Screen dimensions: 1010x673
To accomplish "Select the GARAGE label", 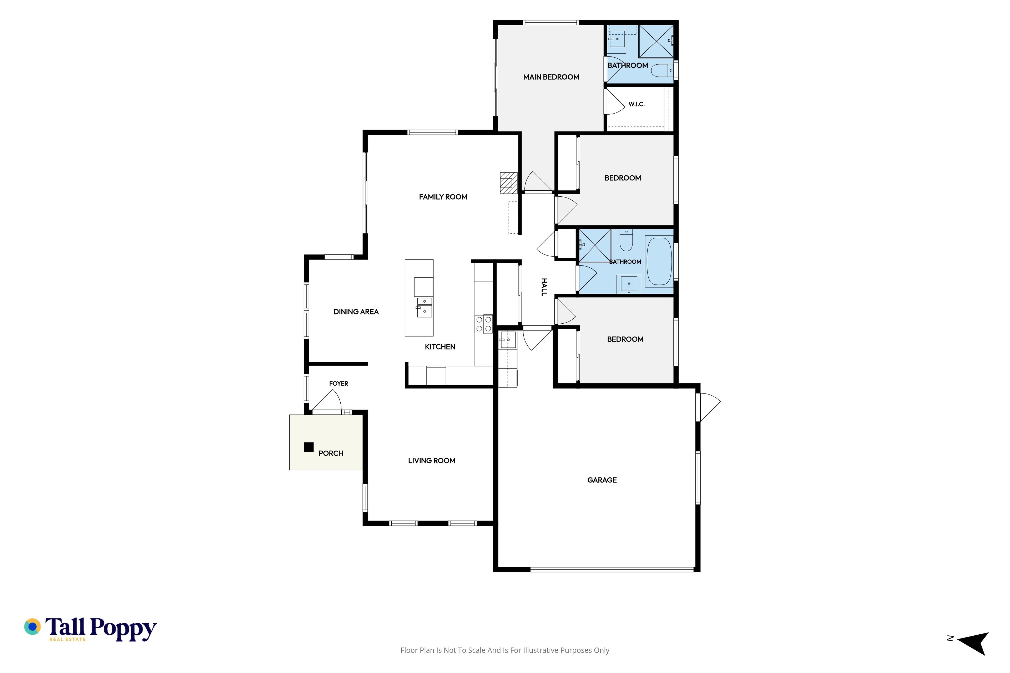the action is (602, 480).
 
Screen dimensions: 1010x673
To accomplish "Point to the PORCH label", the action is (331, 453).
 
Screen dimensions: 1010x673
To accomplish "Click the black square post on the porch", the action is (308, 447).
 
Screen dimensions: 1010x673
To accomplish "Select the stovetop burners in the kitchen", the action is (483, 324).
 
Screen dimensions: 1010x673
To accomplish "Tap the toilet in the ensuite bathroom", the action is (662, 70).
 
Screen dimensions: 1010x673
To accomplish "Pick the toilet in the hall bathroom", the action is (626, 240).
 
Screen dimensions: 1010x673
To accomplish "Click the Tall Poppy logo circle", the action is (32, 627).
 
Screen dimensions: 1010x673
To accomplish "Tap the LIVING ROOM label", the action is (432, 461).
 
